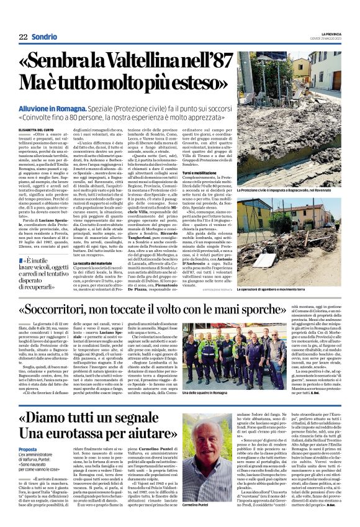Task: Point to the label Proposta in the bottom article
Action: (x=28, y=449)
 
